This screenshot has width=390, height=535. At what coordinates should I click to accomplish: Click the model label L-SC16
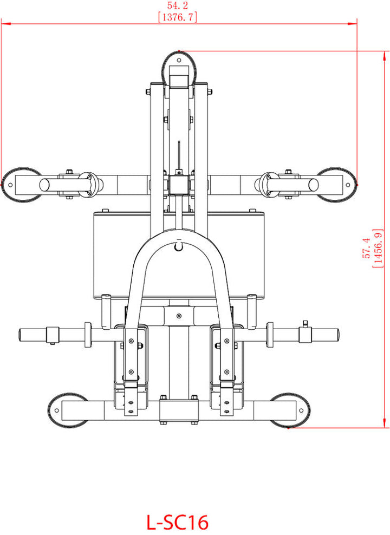[x=178, y=521]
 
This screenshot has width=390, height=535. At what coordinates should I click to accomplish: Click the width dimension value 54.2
[x=178, y=5]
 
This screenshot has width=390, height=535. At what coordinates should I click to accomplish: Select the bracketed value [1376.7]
[x=178, y=17]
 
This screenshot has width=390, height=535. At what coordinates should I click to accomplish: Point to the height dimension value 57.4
[x=366, y=248]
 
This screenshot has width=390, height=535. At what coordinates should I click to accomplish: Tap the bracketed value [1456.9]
[x=378, y=248]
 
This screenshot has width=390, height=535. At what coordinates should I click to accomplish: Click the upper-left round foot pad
[x=21, y=185]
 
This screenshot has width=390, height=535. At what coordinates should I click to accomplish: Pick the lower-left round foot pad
[x=68, y=410]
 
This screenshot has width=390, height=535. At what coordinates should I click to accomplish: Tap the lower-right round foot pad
[x=290, y=410]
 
